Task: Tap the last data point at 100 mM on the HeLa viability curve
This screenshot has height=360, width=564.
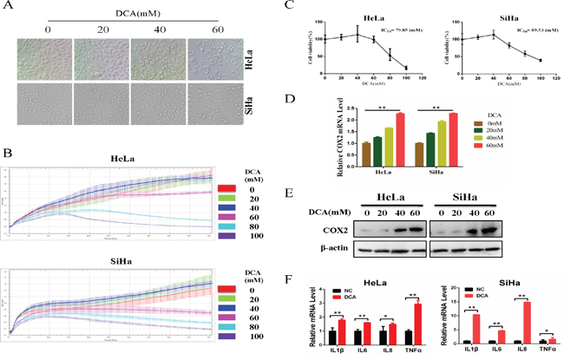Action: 405,69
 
